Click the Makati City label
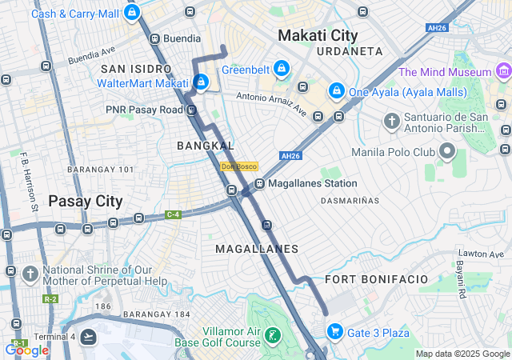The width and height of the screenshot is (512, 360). coord(318,35)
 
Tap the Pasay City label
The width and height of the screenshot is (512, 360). coord(86,201)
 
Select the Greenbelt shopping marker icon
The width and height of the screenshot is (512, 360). coord(281,70)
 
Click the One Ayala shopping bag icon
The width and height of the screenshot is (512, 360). coord(337,91)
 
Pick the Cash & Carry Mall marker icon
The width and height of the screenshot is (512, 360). coord(132,13)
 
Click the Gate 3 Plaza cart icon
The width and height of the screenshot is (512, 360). coord(335,332)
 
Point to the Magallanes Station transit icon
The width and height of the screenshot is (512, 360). coord(259,184)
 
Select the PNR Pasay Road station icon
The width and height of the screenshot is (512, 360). coord(191,109)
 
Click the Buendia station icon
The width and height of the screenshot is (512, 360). coord(154,38)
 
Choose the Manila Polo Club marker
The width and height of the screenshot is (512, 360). coord(446,151)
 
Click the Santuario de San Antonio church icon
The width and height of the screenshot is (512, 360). coord(391,122)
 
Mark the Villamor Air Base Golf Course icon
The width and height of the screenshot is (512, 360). coord(273,335)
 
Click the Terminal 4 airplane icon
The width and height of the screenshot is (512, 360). coord(88,337)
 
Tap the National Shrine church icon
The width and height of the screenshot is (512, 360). coord(30,274)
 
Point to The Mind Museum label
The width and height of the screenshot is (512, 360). coord(445,72)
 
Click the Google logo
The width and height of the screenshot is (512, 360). coord(26,350)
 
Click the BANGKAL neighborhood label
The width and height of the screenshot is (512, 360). coord(206,146)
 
